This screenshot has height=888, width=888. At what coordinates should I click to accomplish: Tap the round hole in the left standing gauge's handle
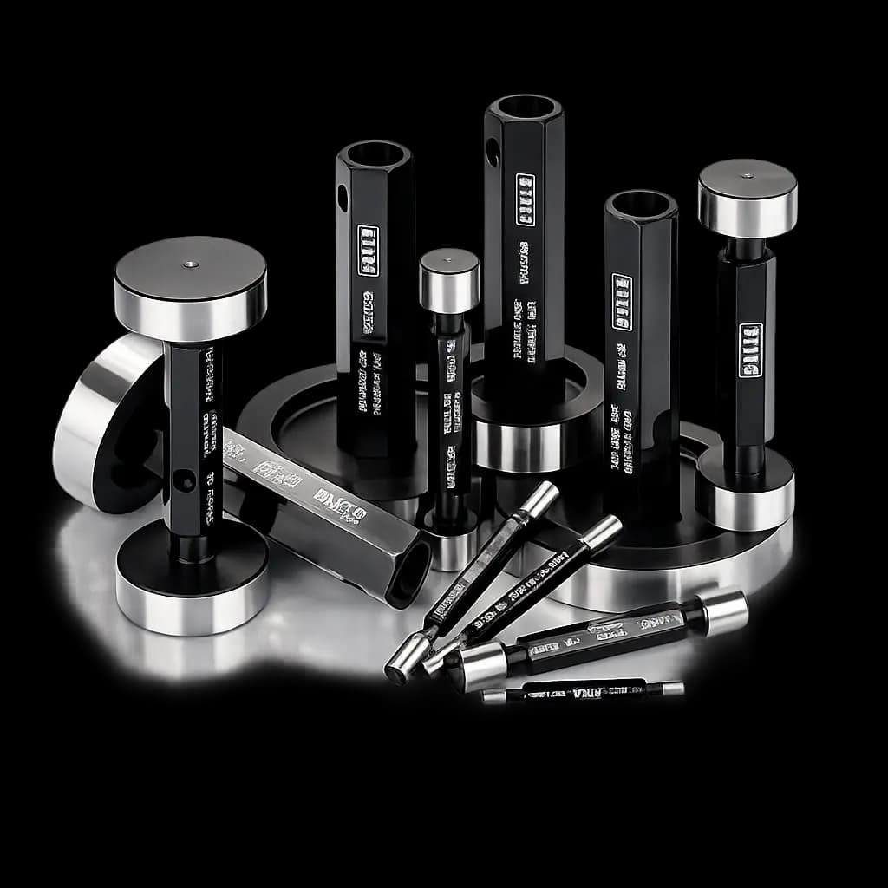183,480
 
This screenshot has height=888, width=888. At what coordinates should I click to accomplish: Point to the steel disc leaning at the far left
91,425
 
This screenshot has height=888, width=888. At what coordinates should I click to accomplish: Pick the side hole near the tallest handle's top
493,153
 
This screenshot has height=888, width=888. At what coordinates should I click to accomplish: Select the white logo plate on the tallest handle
525,200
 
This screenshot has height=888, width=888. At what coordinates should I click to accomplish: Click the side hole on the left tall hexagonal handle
343,198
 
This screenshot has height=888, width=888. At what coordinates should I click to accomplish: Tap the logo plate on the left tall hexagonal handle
369,251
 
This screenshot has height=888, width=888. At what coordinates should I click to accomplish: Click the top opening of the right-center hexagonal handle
641,205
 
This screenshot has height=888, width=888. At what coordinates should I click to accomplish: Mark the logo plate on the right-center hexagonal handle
621,302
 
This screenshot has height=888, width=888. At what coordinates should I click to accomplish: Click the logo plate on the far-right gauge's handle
750,349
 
